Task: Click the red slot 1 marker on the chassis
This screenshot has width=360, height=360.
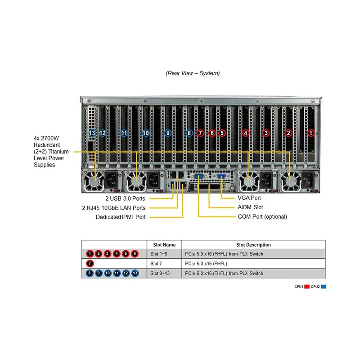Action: [x=310, y=133]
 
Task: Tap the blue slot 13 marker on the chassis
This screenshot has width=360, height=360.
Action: [x=92, y=133]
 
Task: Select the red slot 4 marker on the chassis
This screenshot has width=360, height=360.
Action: [x=245, y=133]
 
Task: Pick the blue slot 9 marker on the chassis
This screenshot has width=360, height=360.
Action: [x=168, y=133]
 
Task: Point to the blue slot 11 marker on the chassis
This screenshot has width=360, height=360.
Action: [x=124, y=133]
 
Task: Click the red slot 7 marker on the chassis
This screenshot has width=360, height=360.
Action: [x=200, y=133]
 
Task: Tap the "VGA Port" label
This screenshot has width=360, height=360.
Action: [x=249, y=198]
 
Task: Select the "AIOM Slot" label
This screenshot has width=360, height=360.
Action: [x=250, y=207]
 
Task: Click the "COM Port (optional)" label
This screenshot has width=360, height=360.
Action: [x=262, y=216]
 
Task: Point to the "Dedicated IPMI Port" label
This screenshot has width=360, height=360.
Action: [x=121, y=217]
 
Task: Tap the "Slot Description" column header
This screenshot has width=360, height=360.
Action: [x=253, y=245]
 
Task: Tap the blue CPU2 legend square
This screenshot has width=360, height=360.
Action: [x=324, y=287]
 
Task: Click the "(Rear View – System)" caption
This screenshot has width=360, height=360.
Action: [x=193, y=73]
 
